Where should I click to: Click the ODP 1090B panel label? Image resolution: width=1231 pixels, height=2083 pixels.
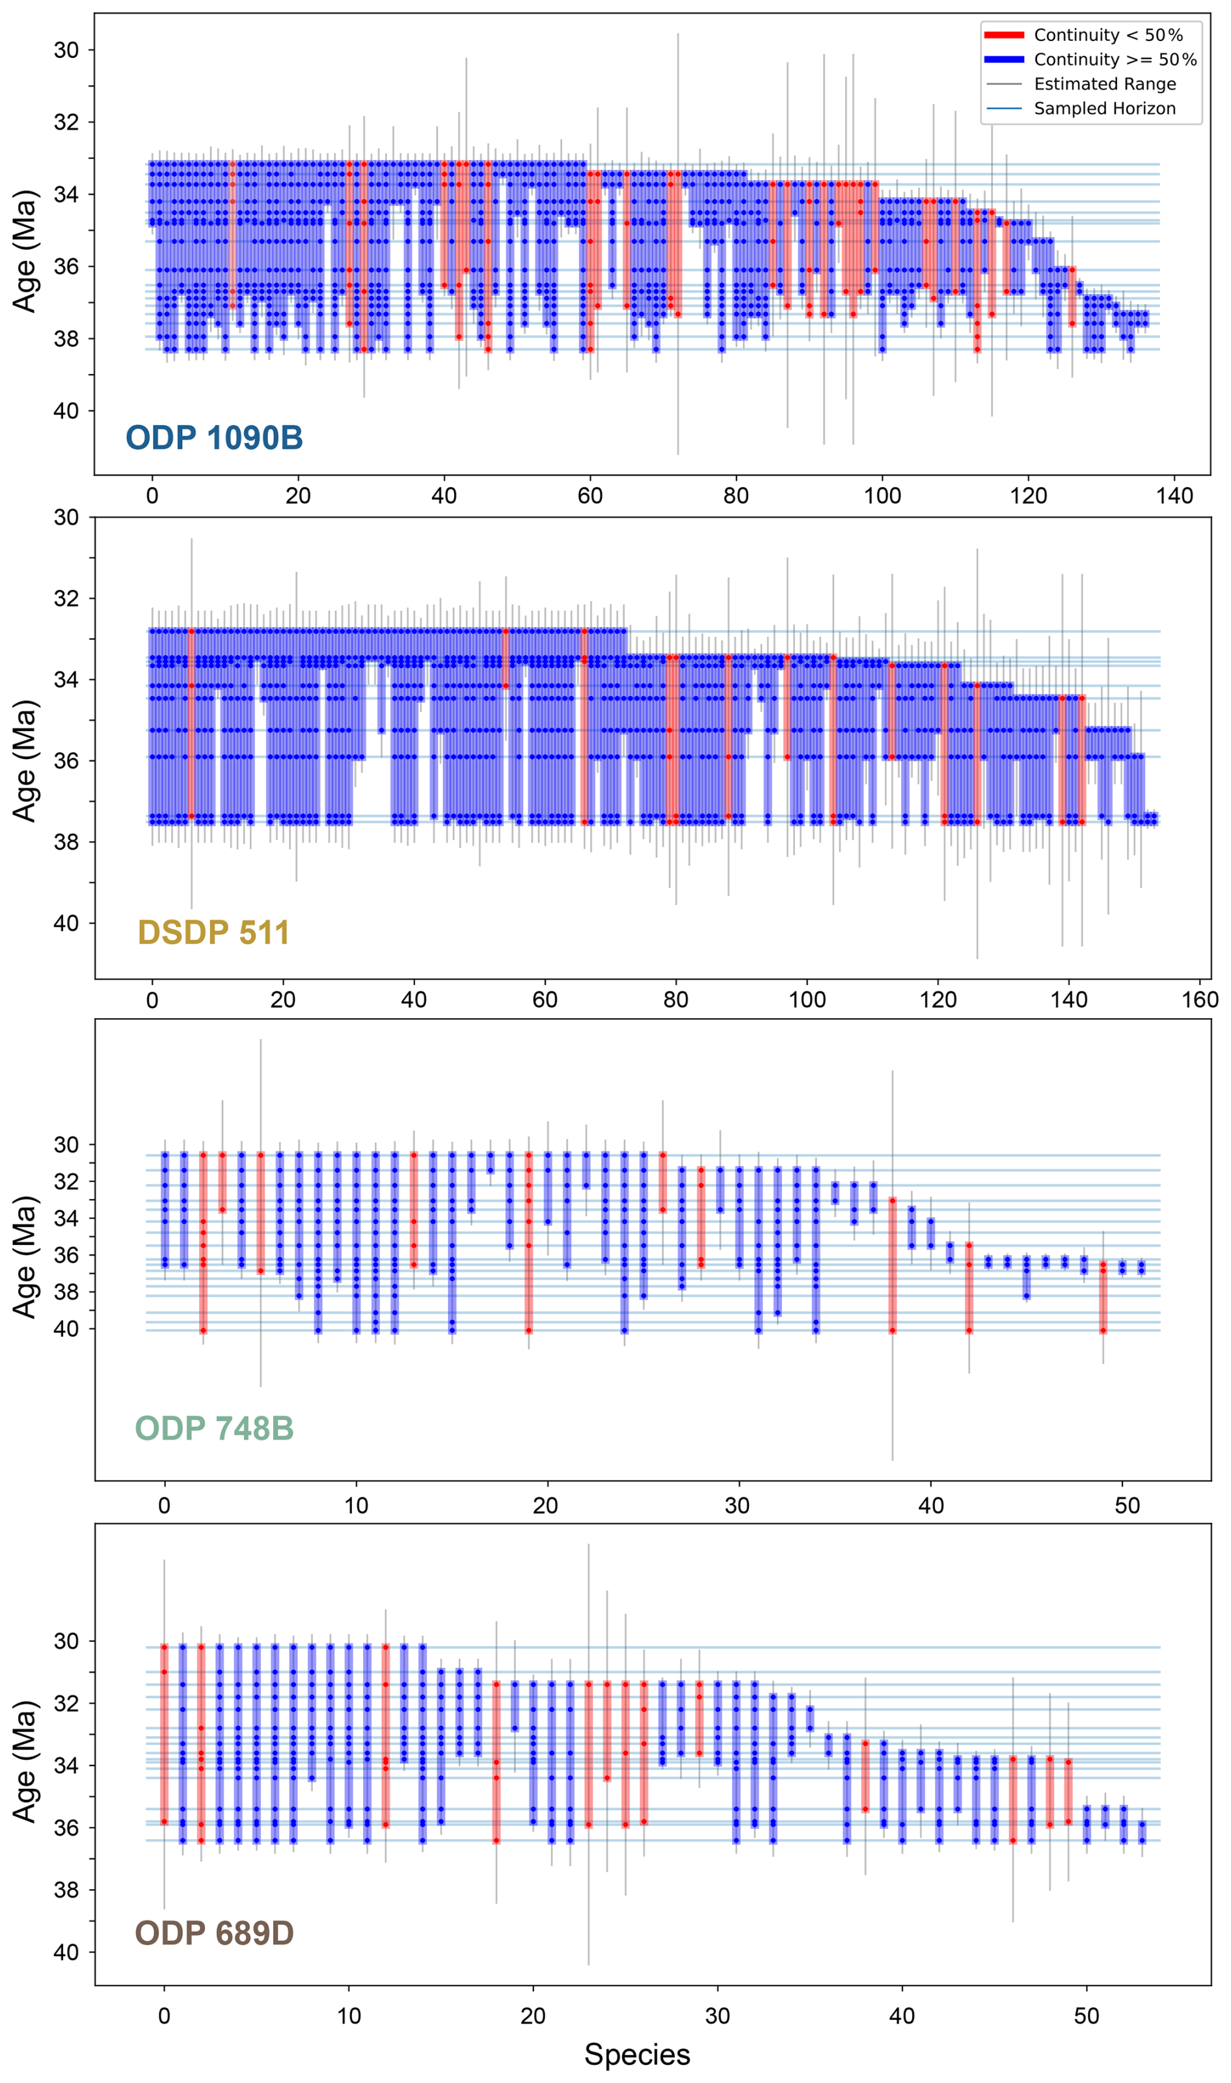(x=214, y=438)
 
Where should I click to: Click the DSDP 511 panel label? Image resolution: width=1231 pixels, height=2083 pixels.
(x=214, y=932)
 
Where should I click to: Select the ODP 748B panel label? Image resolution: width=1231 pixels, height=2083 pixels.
(x=214, y=1428)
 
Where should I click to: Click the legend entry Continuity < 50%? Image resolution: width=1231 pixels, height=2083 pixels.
(x=1107, y=35)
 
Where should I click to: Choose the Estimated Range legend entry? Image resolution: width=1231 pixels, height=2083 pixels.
(x=1104, y=84)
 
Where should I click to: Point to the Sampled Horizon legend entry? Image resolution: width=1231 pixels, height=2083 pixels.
(x=1104, y=109)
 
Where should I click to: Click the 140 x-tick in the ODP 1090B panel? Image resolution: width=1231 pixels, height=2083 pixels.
(x=1174, y=496)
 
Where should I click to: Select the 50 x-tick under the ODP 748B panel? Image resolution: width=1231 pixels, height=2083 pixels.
(x=1126, y=1505)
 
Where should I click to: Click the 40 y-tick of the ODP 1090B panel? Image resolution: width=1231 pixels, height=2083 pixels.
(x=66, y=411)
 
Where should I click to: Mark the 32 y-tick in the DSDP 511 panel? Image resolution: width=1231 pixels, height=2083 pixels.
(x=66, y=598)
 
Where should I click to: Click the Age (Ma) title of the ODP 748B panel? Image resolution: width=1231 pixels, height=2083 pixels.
(x=25, y=1256)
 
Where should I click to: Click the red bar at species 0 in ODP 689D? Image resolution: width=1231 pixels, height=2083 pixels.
(x=164, y=1733)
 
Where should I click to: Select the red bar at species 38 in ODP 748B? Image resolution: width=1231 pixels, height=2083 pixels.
(x=893, y=1265)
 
